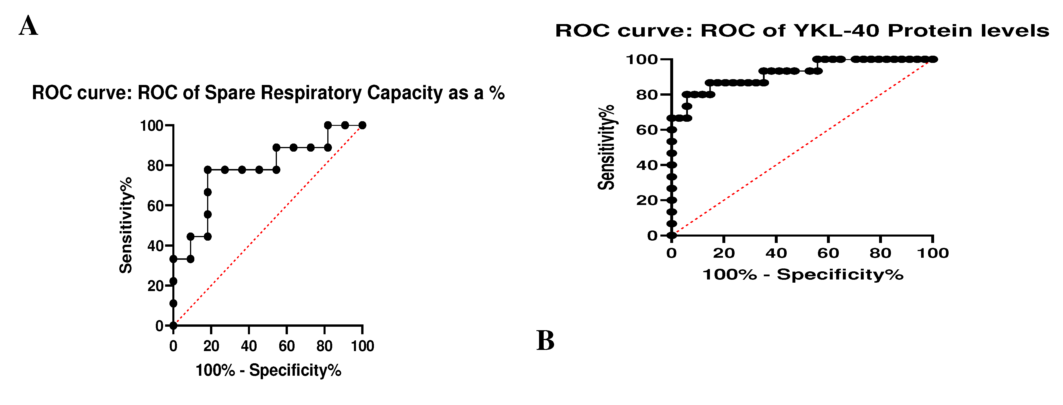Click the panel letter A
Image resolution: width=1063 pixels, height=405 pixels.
point(28,26)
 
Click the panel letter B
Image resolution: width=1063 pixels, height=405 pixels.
point(545,341)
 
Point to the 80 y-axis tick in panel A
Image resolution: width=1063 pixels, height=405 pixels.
point(156,166)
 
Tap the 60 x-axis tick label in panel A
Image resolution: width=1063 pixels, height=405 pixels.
point(287,346)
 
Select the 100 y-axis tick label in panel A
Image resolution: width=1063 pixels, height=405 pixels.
point(151,126)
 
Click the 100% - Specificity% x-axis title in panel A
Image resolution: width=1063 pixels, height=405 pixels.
point(268,370)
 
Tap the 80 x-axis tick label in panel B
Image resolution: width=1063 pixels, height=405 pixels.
point(880,253)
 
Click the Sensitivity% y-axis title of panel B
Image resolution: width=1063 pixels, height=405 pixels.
point(606,147)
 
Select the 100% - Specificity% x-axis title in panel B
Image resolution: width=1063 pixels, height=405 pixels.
point(803,275)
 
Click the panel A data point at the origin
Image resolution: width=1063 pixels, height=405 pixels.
point(173,326)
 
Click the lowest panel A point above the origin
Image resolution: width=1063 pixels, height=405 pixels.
point(173,304)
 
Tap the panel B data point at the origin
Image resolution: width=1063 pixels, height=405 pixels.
point(672,236)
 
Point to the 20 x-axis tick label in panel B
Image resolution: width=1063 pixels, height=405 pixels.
point(724,253)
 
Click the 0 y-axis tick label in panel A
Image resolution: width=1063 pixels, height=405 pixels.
point(159,326)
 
